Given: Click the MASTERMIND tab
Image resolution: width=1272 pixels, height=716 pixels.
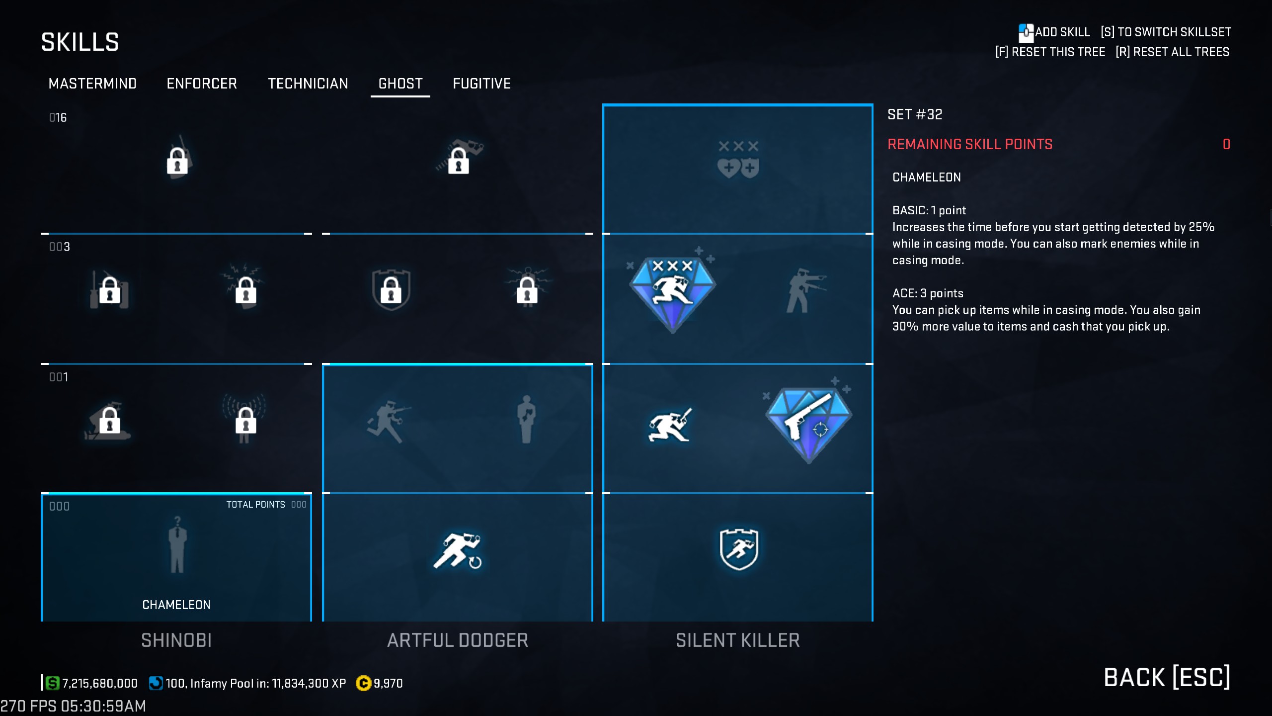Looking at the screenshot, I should pyautogui.click(x=92, y=84).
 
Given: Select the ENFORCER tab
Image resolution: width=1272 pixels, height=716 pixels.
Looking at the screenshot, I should pyautogui.click(x=202, y=84).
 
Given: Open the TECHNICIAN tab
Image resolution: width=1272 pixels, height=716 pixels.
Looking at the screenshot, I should pyautogui.click(x=308, y=84).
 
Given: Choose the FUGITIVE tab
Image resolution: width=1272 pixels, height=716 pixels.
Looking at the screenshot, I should pyautogui.click(x=481, y=84).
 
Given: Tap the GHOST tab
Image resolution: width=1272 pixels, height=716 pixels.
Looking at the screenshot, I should pyautogui.click(x=400, y=84).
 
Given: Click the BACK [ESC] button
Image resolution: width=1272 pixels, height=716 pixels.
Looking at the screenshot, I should pyautogui.click(x=1167, y=677).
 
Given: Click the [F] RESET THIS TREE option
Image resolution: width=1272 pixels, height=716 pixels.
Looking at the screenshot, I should pyautogui.click(x=1050, y=52).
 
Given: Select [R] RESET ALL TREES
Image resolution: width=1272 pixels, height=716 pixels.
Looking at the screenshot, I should pyautogui.click(x=1173, y=52).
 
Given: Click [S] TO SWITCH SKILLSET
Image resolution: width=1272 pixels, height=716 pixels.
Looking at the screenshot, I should pyautogui.click(x=1166, y=32).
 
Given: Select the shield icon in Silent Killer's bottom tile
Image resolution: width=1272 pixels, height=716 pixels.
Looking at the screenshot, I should pyautogui.click(x=738, y=549).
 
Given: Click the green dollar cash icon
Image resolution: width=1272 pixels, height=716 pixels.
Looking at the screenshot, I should pyautogui.click(x=52, y=683).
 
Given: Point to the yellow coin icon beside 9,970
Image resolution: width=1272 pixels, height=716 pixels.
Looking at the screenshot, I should pyautogui.click(x=363, y=684).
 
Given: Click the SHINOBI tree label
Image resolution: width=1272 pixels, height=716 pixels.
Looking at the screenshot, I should pyautogui.click(x=176, y=640).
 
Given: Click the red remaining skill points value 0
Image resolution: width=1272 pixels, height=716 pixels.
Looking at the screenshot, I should pyautogui.click(x=1226, y=144).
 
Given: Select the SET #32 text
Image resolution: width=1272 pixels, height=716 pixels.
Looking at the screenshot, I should pyautogui.click(x=915, y=115).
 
